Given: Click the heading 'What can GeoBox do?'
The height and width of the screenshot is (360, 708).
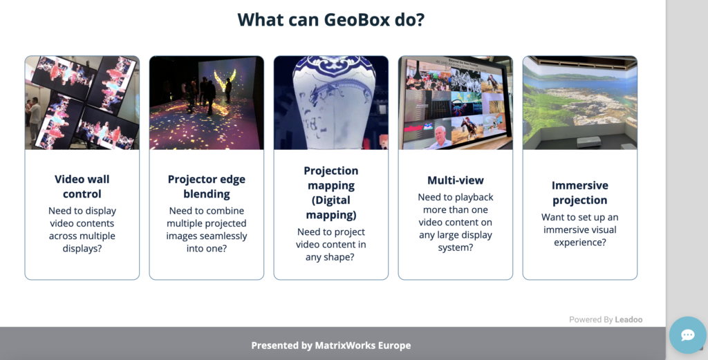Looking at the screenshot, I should pyautogui.click(x=330, y=19).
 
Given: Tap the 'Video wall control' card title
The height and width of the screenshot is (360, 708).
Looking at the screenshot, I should pyautogui.click(x=82, y=187).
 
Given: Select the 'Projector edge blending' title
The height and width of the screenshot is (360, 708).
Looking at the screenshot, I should pyautogui.click(x=207, y=187).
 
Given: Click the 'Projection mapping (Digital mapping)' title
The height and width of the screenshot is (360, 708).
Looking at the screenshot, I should pyautogui.click(x=331, y=193).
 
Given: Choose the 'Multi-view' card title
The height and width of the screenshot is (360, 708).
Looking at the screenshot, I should pyautogui.click(x=456, y=180).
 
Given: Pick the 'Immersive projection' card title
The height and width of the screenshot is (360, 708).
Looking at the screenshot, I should pyautogui.click(x=580, y=193).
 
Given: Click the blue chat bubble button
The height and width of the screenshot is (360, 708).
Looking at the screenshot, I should pyautogui.click(x=688, y=335).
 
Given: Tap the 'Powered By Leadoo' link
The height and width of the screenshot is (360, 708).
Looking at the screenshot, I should pyautogui.click(x=606, y=319).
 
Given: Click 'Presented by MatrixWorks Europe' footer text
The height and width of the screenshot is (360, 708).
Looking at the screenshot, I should pyautogui.click(x=331, y=345).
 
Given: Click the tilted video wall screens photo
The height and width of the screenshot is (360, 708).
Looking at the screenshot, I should pyautogui.click(x=82, y=102).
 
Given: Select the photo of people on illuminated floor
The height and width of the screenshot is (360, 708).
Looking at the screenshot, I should pyautogui.click(x=207, y=102).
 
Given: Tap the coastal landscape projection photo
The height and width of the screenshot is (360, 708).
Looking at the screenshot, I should pyautogui.click(x=580, y=102).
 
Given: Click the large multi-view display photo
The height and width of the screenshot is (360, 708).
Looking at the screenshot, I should pyautogui.click(x=456, y=102).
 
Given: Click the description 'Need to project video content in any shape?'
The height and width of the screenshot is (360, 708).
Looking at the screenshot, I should pyautogui.click(x=331, y=245).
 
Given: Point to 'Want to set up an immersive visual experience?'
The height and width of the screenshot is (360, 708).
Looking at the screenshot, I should pyautogui.click(x=580, y=230).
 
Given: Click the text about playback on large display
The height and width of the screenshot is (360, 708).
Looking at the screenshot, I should pyautogui.click(x=456, y=222).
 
